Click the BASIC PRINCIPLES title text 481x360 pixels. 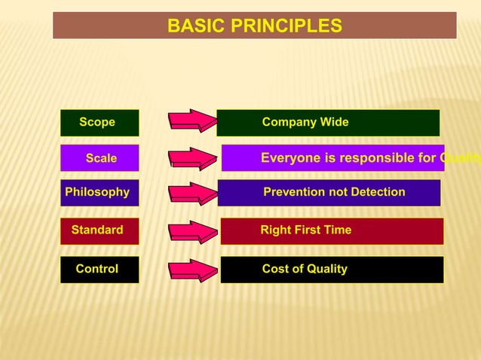(x=254, y=26)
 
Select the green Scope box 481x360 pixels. (x=99, y=122)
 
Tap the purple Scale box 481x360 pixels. (x=100, y=158)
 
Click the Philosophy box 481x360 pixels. (x=97, y=192)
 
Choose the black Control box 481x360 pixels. (x=98, y=270)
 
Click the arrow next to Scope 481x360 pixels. (x=191, y=122)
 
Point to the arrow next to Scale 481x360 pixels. (x=193, y=159)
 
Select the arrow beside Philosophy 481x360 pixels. (x=192, y=194)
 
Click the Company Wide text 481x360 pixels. (x=305, y=122)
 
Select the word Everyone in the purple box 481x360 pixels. (x=290, y=158)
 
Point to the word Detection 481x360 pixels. (x=377, y=192)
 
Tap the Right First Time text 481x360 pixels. (x=305, y=230)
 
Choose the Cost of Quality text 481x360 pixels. (x=305, y=270)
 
